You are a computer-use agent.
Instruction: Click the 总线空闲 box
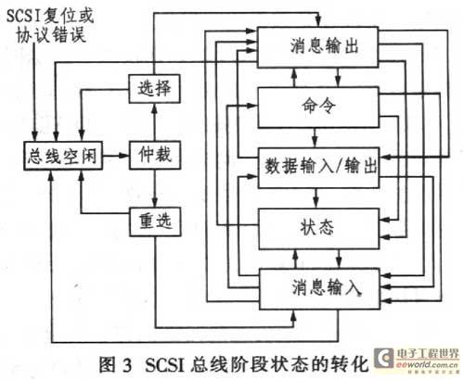[x=63, y=156]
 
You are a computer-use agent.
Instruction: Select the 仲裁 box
[x=155, y=156]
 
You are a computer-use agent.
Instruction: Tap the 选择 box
[x=154, y=89]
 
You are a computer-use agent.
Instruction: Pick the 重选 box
[x=155, y=222]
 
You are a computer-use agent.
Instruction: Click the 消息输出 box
[x=318, y=47]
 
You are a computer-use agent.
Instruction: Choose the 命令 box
[x=318, y=107]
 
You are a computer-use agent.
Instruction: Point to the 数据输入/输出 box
[x=319, y=168]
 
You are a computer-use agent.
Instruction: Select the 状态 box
[x=319, y=229]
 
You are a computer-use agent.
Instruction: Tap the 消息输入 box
[x=319, y=289]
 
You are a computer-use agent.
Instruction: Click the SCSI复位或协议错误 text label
[x=50, y=26]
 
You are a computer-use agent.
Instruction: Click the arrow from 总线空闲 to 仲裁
[x=116, y=156]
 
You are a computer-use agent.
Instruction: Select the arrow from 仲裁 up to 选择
[x=155, y=122]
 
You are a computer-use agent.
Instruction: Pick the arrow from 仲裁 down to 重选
[x=155, y=188]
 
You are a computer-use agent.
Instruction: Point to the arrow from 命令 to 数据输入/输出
[x=315, y=137]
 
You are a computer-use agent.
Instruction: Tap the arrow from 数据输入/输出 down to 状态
[x=316, y=198]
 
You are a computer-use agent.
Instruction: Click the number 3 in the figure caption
[x=126, y=365]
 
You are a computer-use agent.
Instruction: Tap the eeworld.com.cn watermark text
[x=427, y=365]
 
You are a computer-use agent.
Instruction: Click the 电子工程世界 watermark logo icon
[x=384, y=358]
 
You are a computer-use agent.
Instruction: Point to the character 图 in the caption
[x=108, y=364]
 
